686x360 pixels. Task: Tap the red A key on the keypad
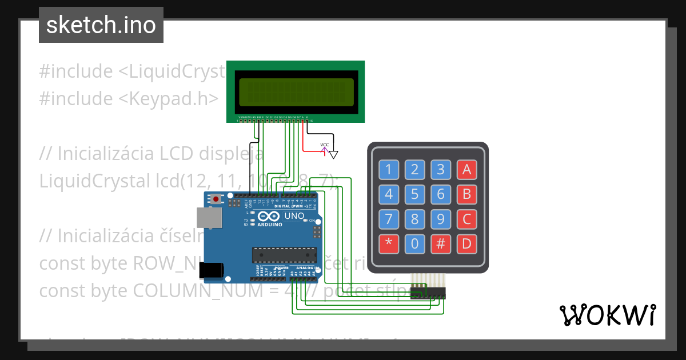(466, 169)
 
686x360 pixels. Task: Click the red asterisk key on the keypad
(389, 244)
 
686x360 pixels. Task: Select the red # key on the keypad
(441, 244)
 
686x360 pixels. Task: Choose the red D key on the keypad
(466, 244)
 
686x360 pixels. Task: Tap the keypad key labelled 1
(389, 169)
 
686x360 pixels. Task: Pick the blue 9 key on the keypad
(441, 219)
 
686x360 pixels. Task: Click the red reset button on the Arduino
(217, 199)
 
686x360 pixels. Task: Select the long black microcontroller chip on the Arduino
(285, 255)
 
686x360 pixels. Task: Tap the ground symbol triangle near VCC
(334, 154)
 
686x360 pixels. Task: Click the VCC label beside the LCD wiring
(324, 145)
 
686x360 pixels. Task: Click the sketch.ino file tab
(101, 25)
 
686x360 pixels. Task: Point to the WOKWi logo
(607, 315)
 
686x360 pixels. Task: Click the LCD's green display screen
(296, 92)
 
